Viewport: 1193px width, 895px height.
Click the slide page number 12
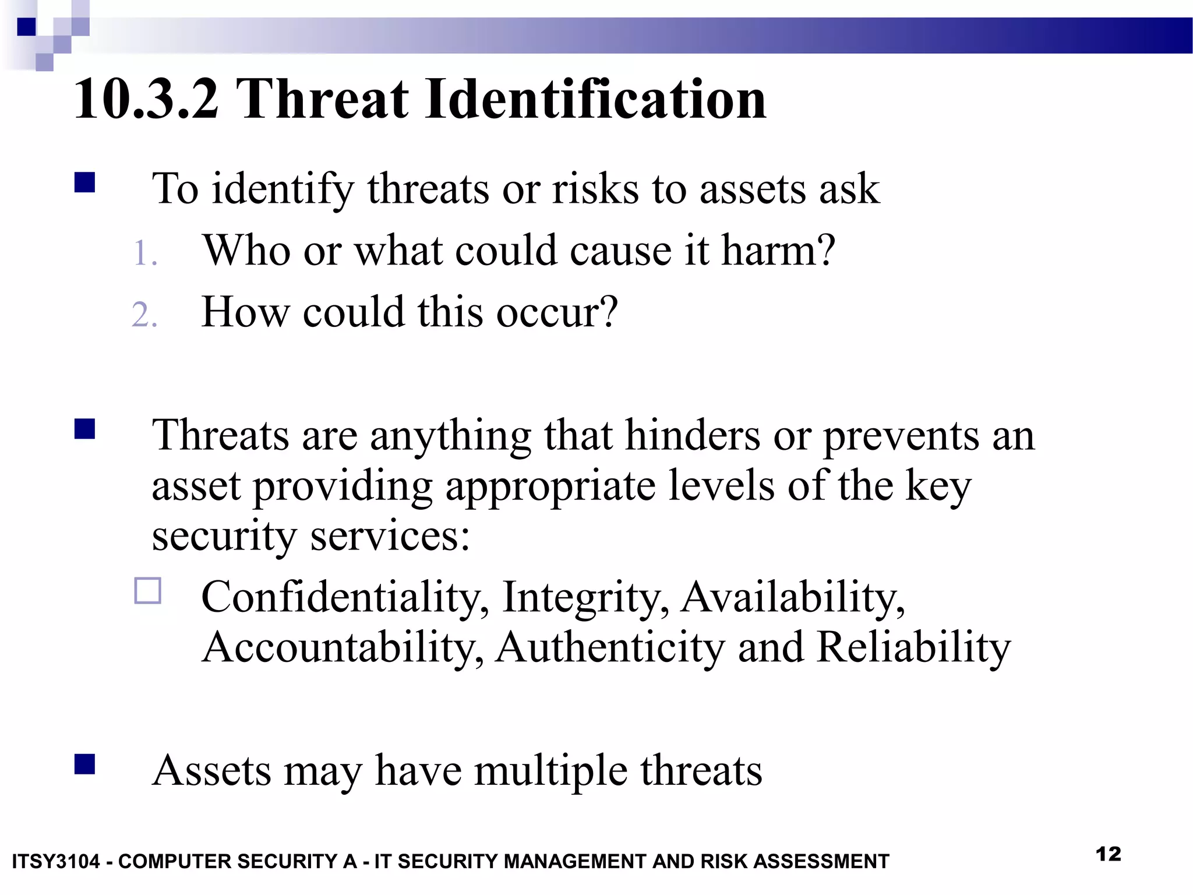(x=1108, y=854)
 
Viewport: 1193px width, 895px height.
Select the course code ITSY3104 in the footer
(x=56, y=861)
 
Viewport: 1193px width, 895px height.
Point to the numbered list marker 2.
(x=144, y=316)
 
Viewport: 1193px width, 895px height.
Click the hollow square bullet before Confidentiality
(x=148, y=591)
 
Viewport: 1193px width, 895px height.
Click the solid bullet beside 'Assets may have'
(x=85, y=764)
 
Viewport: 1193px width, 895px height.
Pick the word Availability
(x=792, y=598)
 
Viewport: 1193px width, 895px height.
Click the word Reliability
(x=913, y=648)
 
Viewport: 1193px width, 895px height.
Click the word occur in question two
(x=556, y=312)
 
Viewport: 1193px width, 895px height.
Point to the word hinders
(x=693, y=436)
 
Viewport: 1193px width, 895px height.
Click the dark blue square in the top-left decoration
(x=26, y=27)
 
